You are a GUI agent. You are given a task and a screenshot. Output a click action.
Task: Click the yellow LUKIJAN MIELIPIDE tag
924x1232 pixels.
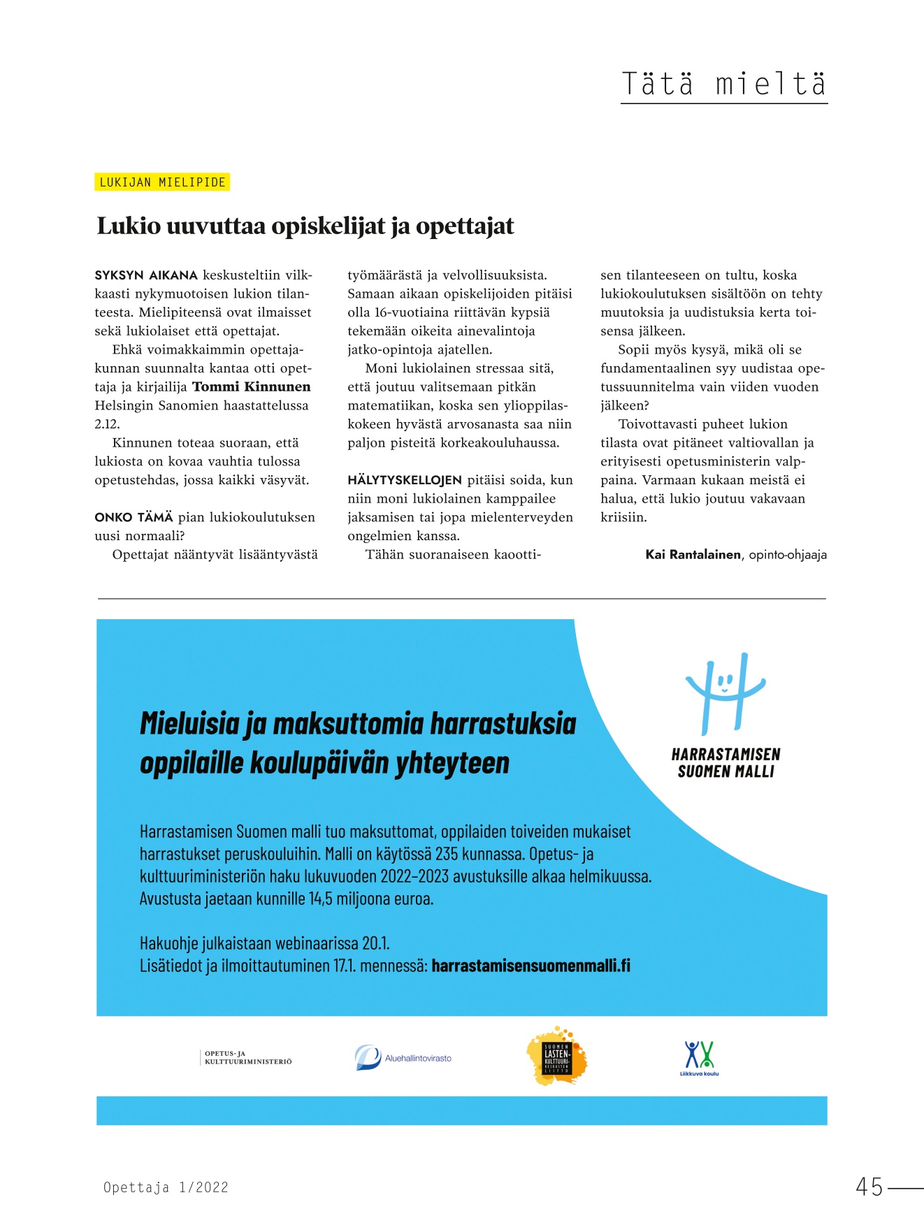[x=162, y=182]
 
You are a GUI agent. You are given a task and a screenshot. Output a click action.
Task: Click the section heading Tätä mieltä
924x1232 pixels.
[x=723, y=85]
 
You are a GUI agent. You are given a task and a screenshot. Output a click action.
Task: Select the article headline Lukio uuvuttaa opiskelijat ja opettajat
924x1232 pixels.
[x=305, y=226]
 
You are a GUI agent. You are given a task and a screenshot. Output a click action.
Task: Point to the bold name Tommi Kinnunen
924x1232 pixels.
[x=252, y=387]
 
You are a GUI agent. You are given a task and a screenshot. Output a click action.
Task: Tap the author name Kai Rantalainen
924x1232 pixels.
[x=693, y=555]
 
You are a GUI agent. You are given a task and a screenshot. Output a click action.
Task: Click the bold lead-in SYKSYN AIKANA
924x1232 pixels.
[x=146, y=275]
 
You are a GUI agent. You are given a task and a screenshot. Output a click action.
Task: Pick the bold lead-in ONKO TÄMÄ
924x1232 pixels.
[x=133, y=518]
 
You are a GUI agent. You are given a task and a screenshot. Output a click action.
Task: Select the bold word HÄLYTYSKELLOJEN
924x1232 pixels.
[x=405, y=480]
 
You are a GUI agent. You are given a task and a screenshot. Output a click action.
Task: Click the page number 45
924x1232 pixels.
[x=869, y=1187]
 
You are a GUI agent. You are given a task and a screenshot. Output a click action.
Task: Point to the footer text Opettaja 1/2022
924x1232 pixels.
[x=166, y=1187]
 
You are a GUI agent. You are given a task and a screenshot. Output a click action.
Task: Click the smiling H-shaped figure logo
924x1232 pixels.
[x=726, y=692]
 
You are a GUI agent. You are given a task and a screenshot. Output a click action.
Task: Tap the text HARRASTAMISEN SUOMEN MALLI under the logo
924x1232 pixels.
[x=726, y=763]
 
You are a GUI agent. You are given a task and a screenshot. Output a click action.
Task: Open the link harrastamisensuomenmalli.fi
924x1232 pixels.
[x=530, y=966]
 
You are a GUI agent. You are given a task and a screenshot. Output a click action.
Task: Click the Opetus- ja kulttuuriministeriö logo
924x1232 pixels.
[x=247, y=1057]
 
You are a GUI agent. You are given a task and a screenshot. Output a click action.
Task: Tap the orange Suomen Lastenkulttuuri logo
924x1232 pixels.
[x=556, y=1056]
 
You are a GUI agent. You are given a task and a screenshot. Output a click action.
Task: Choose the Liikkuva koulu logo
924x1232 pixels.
[x=699, y=1058]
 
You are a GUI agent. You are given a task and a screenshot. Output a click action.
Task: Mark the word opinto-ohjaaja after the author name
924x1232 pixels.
[x=788, y=555]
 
